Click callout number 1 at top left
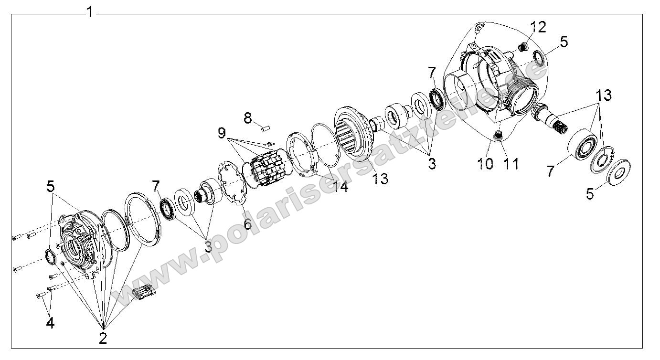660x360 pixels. point(90,11)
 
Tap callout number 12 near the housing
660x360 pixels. point(537,27)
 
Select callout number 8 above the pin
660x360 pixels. point(247,117)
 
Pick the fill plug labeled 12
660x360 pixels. point(522,47)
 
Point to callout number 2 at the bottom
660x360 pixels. point(103,338)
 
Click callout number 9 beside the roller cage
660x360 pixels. point(222,133)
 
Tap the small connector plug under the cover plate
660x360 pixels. point(144,294)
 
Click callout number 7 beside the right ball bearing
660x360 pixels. point(551,170)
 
